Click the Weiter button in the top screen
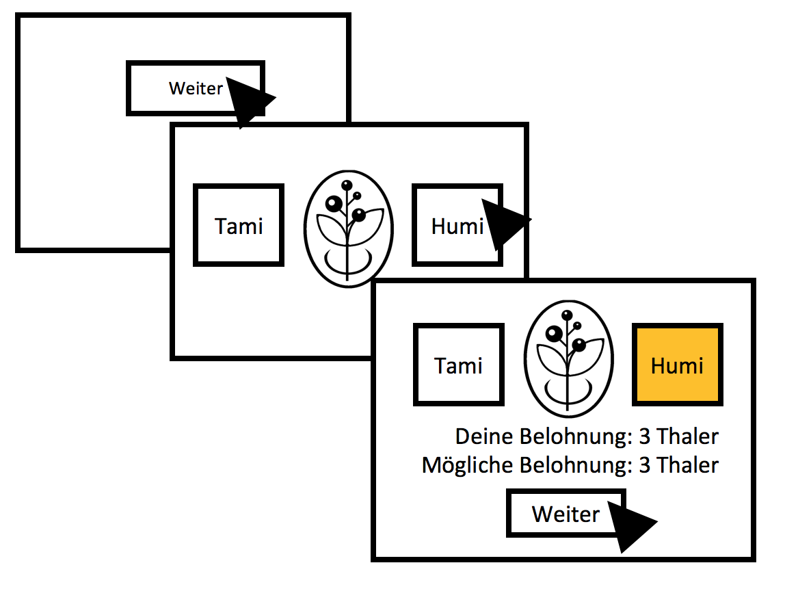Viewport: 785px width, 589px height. coord(195,88)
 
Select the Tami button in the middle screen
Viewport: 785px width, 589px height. coord(239,225)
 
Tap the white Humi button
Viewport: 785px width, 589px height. coord(456,225)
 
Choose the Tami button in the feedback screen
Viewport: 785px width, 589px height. coord(458,365)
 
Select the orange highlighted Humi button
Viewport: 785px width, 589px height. coord(677,365)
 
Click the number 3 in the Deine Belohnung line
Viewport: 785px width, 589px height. coord(645,436)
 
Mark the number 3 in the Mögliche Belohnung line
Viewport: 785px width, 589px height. coord(645,466)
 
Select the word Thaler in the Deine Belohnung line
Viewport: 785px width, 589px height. coord(688,436)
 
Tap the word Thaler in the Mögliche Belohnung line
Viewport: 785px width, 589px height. coord(688,466)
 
